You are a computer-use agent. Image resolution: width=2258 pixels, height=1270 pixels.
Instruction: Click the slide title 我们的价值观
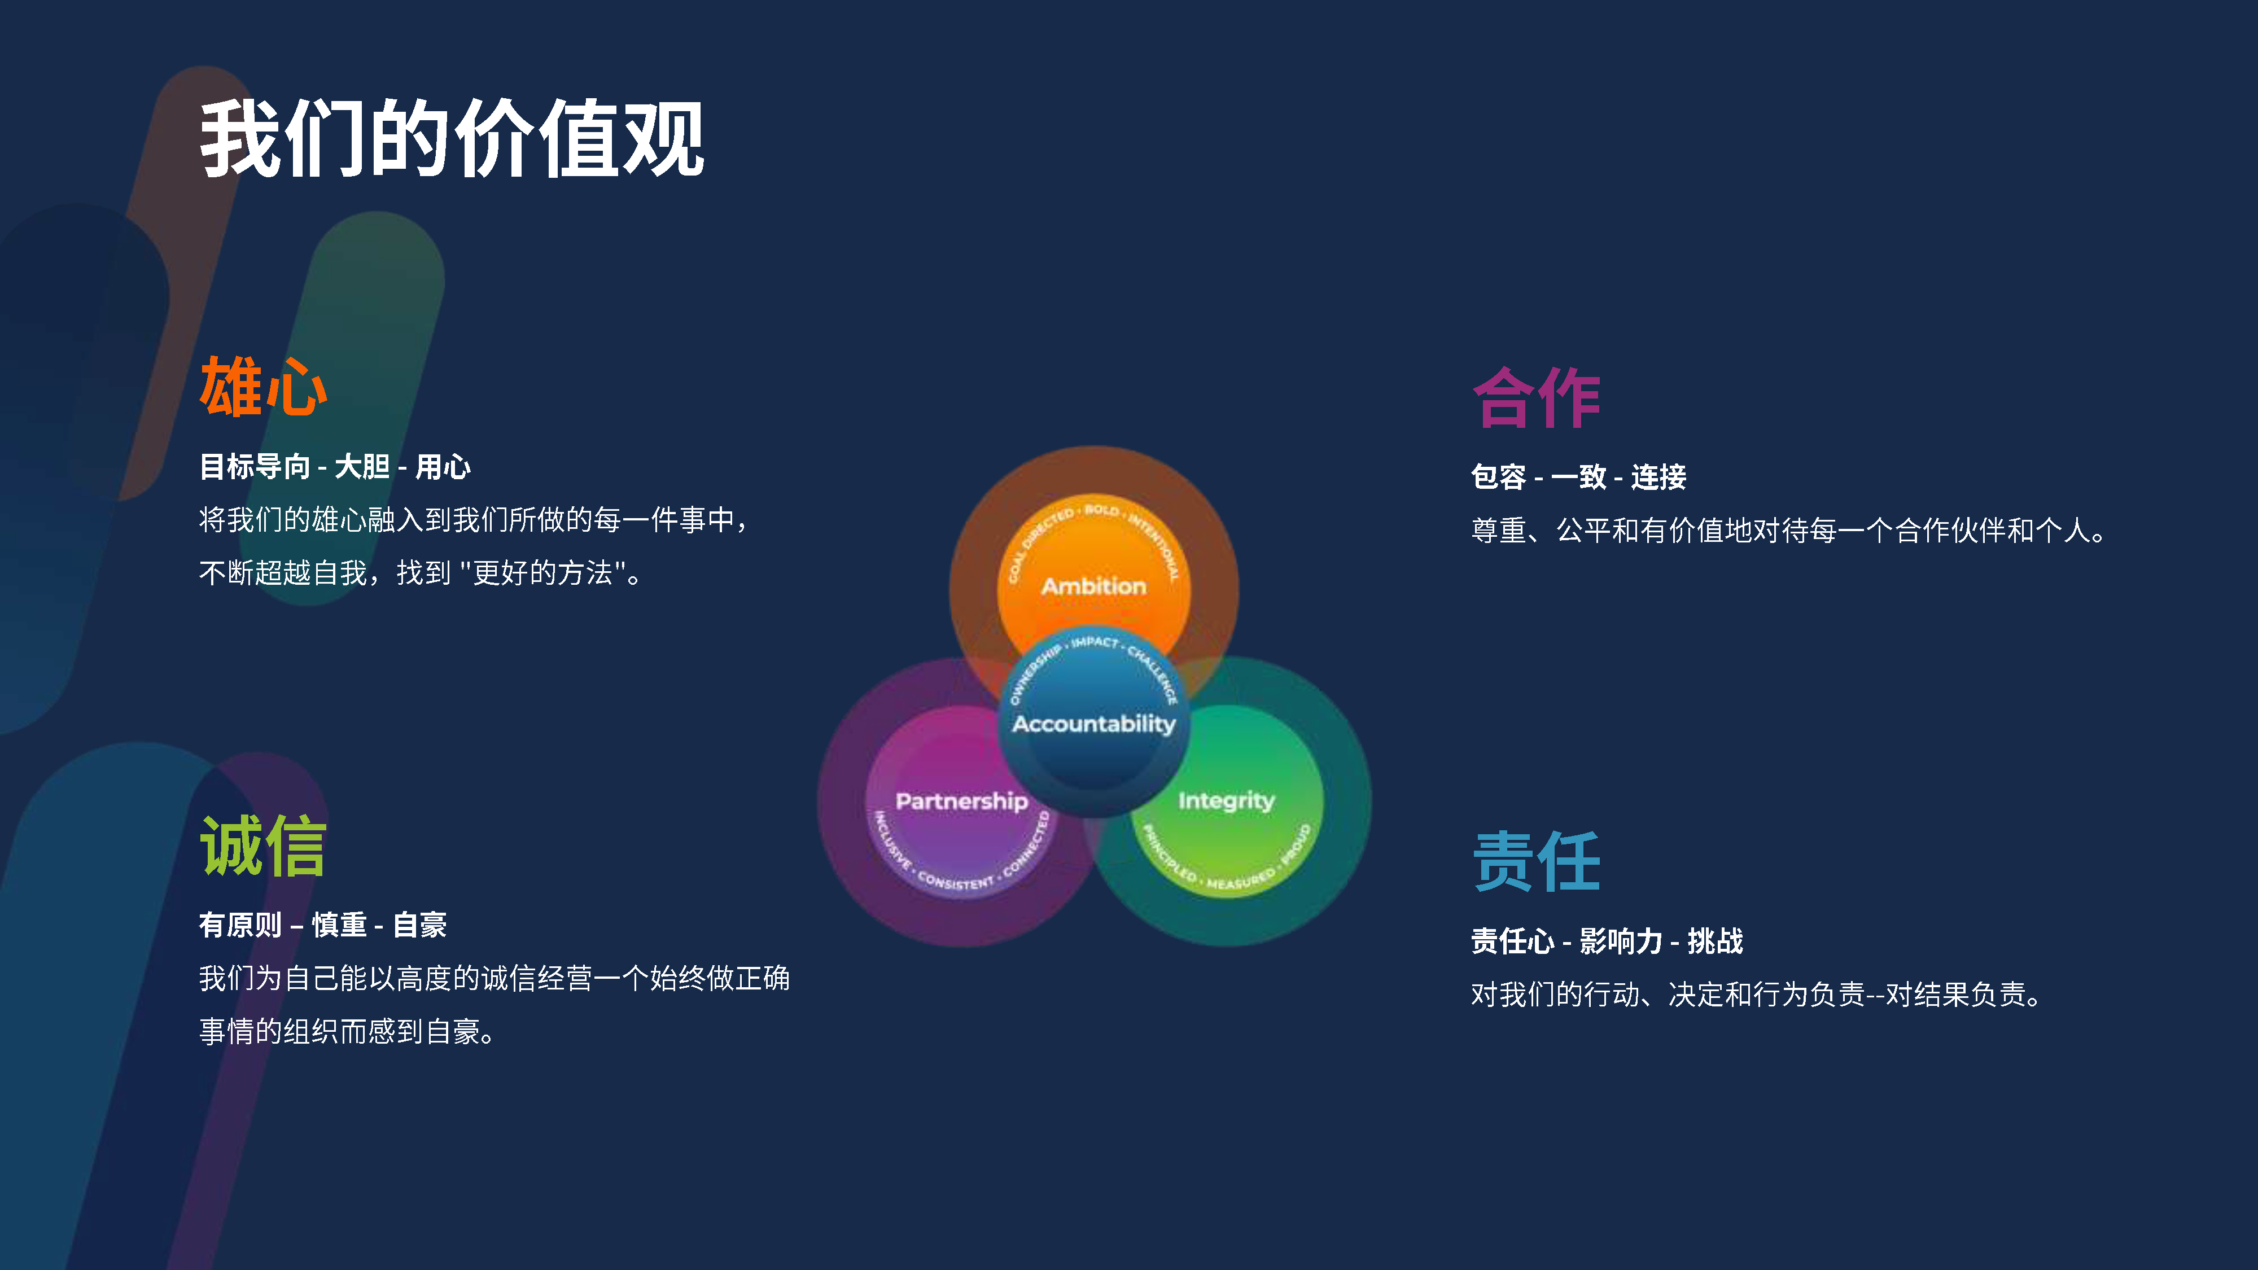(x=452, y=138)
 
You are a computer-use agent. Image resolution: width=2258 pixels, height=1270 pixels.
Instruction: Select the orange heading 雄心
(x=263, y=387)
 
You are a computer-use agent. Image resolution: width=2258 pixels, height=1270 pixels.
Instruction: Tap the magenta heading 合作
(x=1537, y=398)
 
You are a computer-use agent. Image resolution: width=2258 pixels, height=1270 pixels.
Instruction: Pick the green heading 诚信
(x=263, y=846)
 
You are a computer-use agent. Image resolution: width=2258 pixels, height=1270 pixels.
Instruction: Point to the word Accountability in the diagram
(x=1093, y=724)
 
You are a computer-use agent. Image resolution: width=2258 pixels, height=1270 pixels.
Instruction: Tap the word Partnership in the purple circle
(x=961, y=801)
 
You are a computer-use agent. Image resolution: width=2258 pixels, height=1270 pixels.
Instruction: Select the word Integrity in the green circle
(x=1226, y=801)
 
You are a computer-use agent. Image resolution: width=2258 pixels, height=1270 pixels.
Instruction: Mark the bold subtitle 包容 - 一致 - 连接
(x=1578, y=477)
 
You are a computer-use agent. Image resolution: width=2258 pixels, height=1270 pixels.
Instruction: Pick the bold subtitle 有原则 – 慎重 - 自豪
(x=322, y=925)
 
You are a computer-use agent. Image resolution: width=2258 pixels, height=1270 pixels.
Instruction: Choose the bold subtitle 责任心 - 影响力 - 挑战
(x=1607, y=941)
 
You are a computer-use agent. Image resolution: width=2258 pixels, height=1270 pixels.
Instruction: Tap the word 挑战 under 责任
(x=1716, y=941)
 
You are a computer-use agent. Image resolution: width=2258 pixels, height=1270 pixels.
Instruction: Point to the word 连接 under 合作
(x=1659, y=477)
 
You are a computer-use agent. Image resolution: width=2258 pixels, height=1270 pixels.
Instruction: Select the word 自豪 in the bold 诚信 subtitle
(x=420, y=925)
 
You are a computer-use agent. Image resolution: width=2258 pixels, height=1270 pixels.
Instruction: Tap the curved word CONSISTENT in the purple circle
(x=956, y=881)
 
